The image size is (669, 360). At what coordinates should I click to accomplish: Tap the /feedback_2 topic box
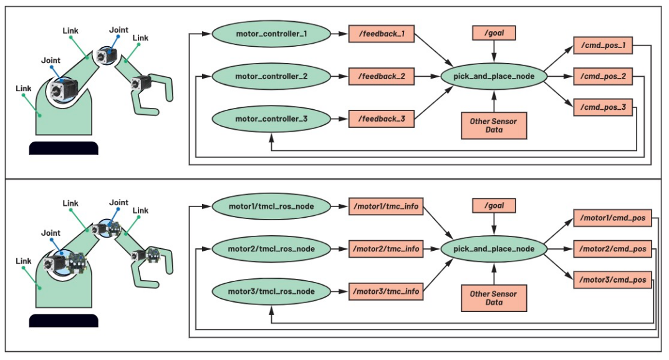point(381,76)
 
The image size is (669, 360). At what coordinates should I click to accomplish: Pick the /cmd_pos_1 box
point(602,46)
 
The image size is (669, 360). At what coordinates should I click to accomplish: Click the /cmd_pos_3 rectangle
point(602,107)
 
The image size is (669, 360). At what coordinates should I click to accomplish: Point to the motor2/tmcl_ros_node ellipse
point(271,249)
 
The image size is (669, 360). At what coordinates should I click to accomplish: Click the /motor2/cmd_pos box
point(612,249)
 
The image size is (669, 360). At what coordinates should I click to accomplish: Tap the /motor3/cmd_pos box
point(612,280)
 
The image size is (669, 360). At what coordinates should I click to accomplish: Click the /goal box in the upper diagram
point(494,33)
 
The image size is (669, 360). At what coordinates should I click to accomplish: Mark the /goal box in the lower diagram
point(494,206)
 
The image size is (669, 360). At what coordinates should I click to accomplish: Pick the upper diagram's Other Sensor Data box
point(493,125)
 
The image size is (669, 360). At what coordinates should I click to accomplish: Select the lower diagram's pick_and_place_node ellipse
point(494,248)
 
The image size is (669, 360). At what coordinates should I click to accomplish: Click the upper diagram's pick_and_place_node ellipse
point(494,76)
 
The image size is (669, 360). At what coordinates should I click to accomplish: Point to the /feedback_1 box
point(381,34)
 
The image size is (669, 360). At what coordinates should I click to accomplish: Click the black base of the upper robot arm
point(64,148)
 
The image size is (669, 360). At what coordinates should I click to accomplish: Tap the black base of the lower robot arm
point(64,321)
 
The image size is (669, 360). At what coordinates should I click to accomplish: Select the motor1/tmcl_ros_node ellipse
point(271,206)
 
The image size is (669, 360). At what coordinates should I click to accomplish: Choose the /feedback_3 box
point(381,118)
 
